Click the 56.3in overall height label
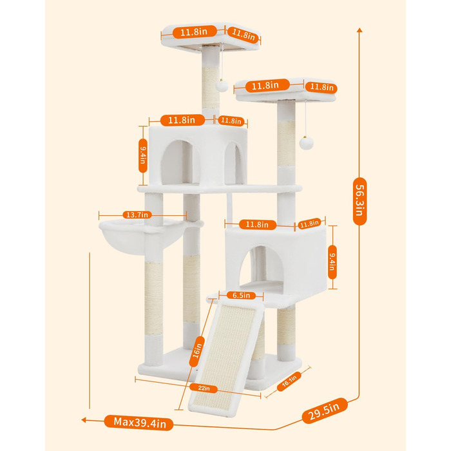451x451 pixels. point(360,201)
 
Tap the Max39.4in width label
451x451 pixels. point(139,423)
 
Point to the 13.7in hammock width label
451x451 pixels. point(137,215)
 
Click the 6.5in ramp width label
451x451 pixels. point(241,295)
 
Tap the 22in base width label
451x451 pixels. point(204,388)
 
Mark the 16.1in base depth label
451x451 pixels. point(289,381)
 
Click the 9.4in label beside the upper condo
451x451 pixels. point(143,155)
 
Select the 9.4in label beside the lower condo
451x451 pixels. point(332,262)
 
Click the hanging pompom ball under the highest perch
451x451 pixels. point(222,86)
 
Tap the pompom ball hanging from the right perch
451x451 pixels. point(306,143)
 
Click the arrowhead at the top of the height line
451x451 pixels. point(360,30)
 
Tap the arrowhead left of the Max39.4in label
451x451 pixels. point(84,420)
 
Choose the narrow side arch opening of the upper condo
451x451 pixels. point(234,163)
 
